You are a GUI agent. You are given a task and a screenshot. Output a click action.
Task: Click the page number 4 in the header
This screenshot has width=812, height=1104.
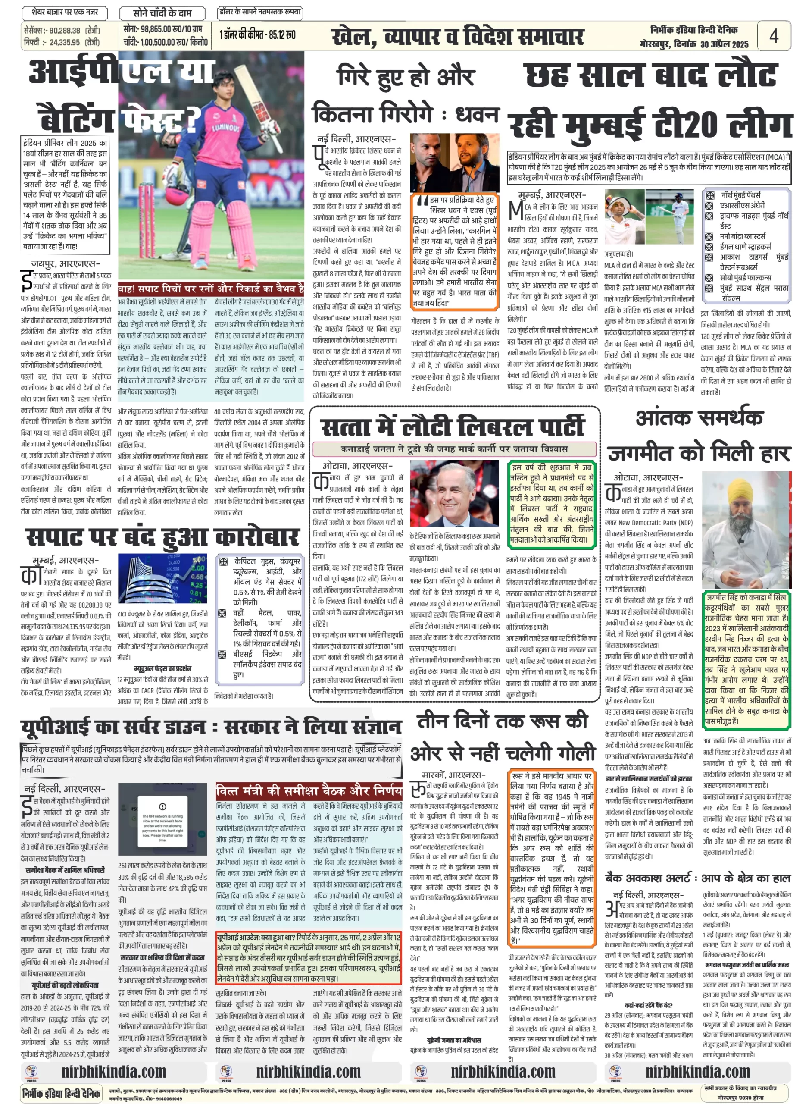tap(773, 36)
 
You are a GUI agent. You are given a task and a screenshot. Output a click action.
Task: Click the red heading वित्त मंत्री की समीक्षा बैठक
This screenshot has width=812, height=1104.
tap(309, 791)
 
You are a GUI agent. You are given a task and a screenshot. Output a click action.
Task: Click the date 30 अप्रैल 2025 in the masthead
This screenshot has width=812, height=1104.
tap(725, 45)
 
